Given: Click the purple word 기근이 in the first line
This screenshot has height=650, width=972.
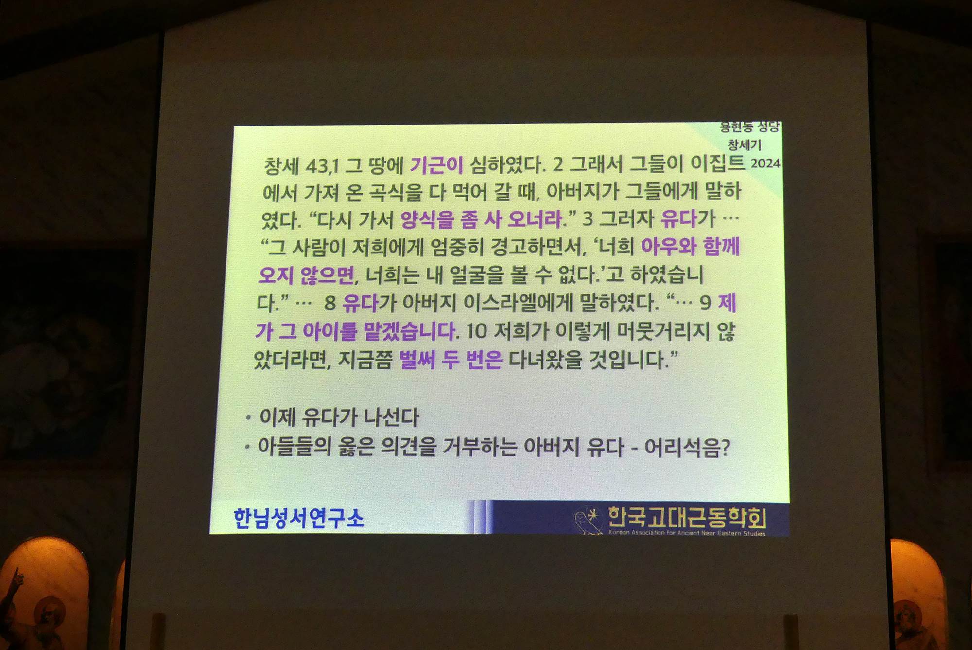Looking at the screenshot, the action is [x=436, y=165].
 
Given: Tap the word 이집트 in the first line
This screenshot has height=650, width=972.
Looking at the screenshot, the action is [x=717, y=162].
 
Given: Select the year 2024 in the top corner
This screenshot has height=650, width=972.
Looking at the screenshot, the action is [x=765, y=163].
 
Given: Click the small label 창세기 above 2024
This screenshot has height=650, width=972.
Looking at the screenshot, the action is [x=745, y=144].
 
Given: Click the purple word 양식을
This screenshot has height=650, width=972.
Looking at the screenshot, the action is [x=427, y=220].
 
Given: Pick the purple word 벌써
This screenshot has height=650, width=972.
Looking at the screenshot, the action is [x=417, y=360].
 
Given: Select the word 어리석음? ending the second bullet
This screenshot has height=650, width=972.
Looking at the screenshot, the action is [x=687, y=447].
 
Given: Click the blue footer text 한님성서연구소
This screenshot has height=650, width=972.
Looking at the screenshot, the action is [x=298, y=518].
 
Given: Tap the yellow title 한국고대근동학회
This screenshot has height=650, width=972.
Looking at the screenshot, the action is [x=687, y=517].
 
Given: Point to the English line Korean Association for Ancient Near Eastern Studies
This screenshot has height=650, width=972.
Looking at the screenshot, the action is [x=687, y=533].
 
